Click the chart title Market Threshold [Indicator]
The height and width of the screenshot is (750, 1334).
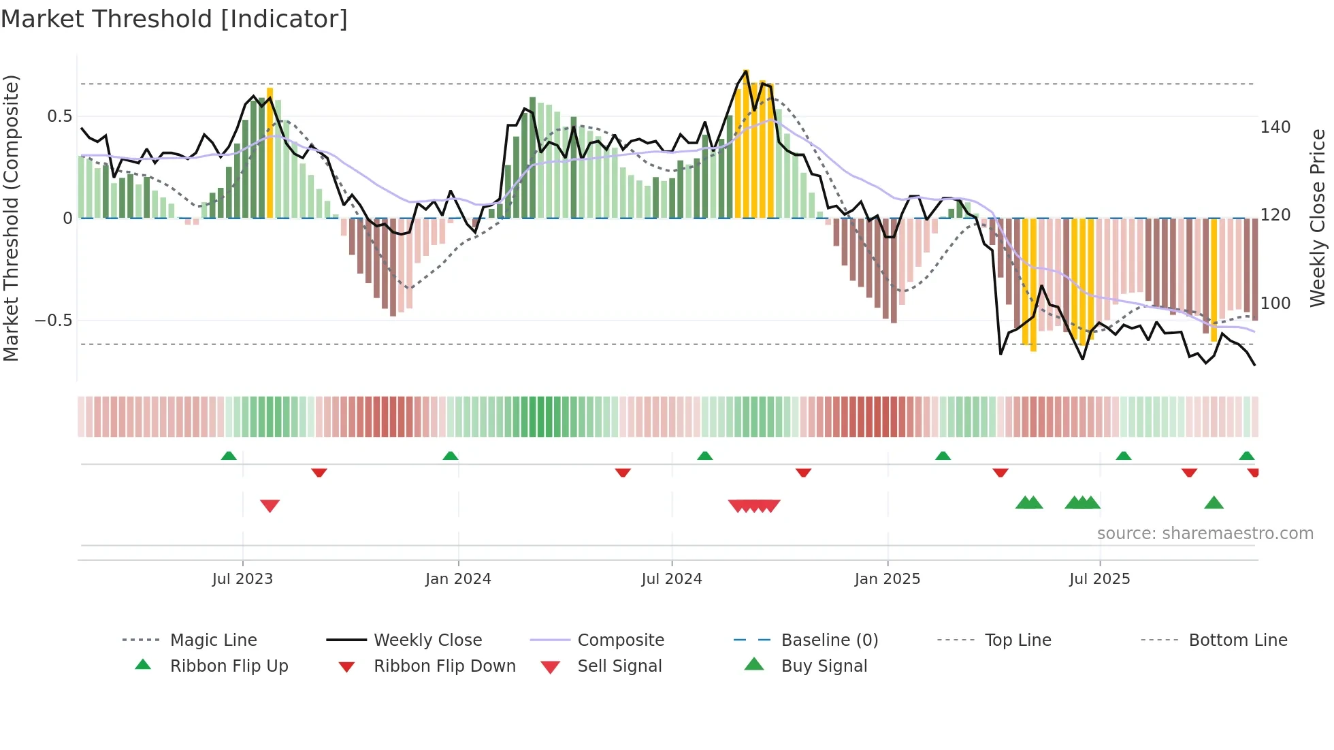(174, 19)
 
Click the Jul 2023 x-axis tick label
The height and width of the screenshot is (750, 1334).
(242, 579)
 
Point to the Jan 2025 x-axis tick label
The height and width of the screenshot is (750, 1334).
(887, 579)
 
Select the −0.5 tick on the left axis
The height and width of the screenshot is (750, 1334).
(53, 321)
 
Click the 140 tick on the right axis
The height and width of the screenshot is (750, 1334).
(1275, 127)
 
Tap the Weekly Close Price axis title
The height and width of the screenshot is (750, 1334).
(1318, 218)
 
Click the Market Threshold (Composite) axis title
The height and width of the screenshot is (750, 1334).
(11, 218)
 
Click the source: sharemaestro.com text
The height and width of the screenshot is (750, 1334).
(1205, 534)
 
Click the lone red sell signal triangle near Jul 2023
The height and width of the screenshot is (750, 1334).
(270, 506)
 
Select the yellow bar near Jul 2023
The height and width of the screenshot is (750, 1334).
(270, 153)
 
